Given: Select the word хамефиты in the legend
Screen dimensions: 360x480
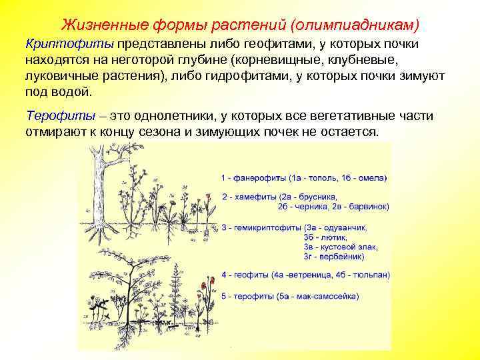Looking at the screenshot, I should click(x=253, y=197).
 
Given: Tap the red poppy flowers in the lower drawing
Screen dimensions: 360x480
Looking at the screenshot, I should click(x=202, y=288).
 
